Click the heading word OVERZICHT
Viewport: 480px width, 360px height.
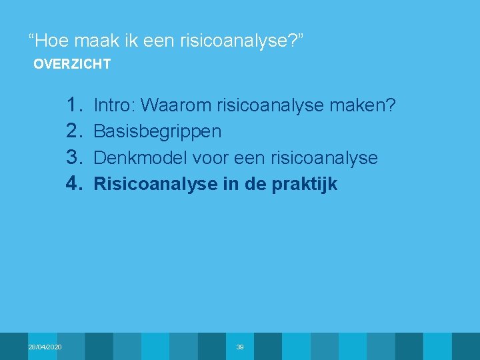pos(72,65)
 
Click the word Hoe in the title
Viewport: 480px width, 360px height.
pos(51,41)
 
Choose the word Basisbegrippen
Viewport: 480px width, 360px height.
pos(157,131)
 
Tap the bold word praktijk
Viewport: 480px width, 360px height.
pos(305,185)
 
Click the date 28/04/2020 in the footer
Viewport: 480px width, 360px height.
pos(45,347)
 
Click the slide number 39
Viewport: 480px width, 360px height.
pos(240,347)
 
